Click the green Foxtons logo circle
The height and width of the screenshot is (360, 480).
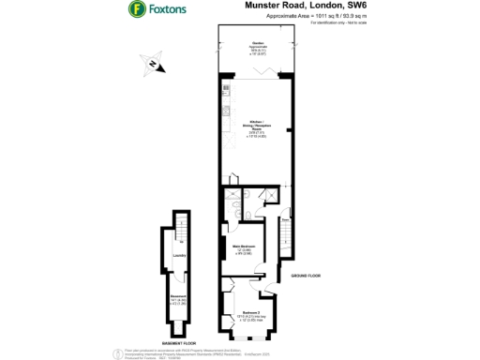[x=137, y=11]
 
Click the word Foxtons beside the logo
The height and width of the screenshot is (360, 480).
[x=166, y=11]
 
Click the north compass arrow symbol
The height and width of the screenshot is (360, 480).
[x=153, y=64]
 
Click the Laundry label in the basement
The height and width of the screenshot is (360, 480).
[x=177, y=254]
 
